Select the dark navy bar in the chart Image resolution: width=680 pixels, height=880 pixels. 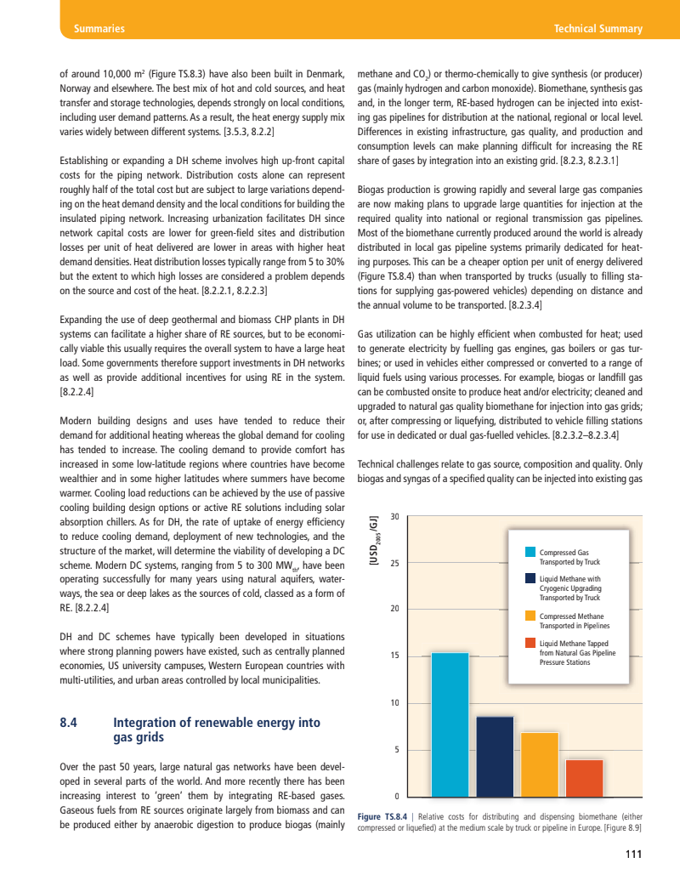pos(495,755)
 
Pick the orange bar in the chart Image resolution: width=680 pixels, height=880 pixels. pos(540,763)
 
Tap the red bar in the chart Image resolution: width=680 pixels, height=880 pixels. pos(584,776)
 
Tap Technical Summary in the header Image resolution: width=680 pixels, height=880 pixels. pos(598,29)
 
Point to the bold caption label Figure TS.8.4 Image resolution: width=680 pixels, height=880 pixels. pos(382,816)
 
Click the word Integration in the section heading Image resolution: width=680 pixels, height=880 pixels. pos(146,723)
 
